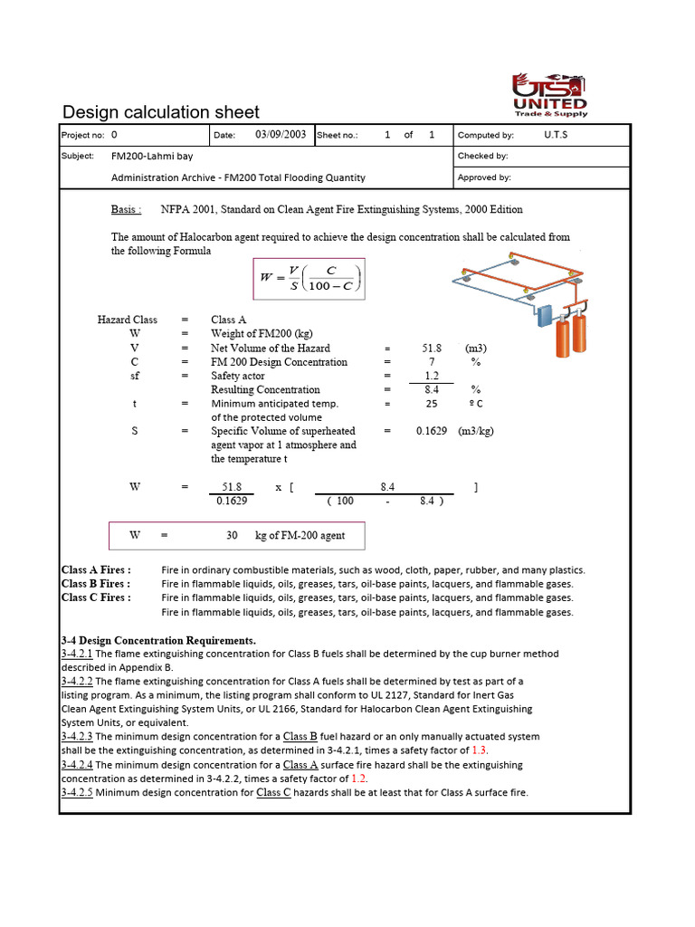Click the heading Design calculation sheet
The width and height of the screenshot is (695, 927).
(160, 112)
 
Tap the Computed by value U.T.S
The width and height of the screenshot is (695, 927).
(556, 135)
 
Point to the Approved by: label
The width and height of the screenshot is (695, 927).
(484, 177)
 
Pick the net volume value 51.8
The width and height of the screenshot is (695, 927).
(431, 348)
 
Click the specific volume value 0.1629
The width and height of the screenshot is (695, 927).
(431, 431)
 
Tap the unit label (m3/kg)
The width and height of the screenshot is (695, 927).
(476, 431)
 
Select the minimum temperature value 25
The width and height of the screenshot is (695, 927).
(431, 404)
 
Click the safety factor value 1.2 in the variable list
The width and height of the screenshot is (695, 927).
(431, 376)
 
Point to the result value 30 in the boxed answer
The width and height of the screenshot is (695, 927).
(232, 535)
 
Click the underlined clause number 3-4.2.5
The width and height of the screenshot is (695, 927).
(77, 793)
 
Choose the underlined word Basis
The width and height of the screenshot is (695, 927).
(126, 209)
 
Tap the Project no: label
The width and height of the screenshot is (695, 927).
(81, 135)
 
